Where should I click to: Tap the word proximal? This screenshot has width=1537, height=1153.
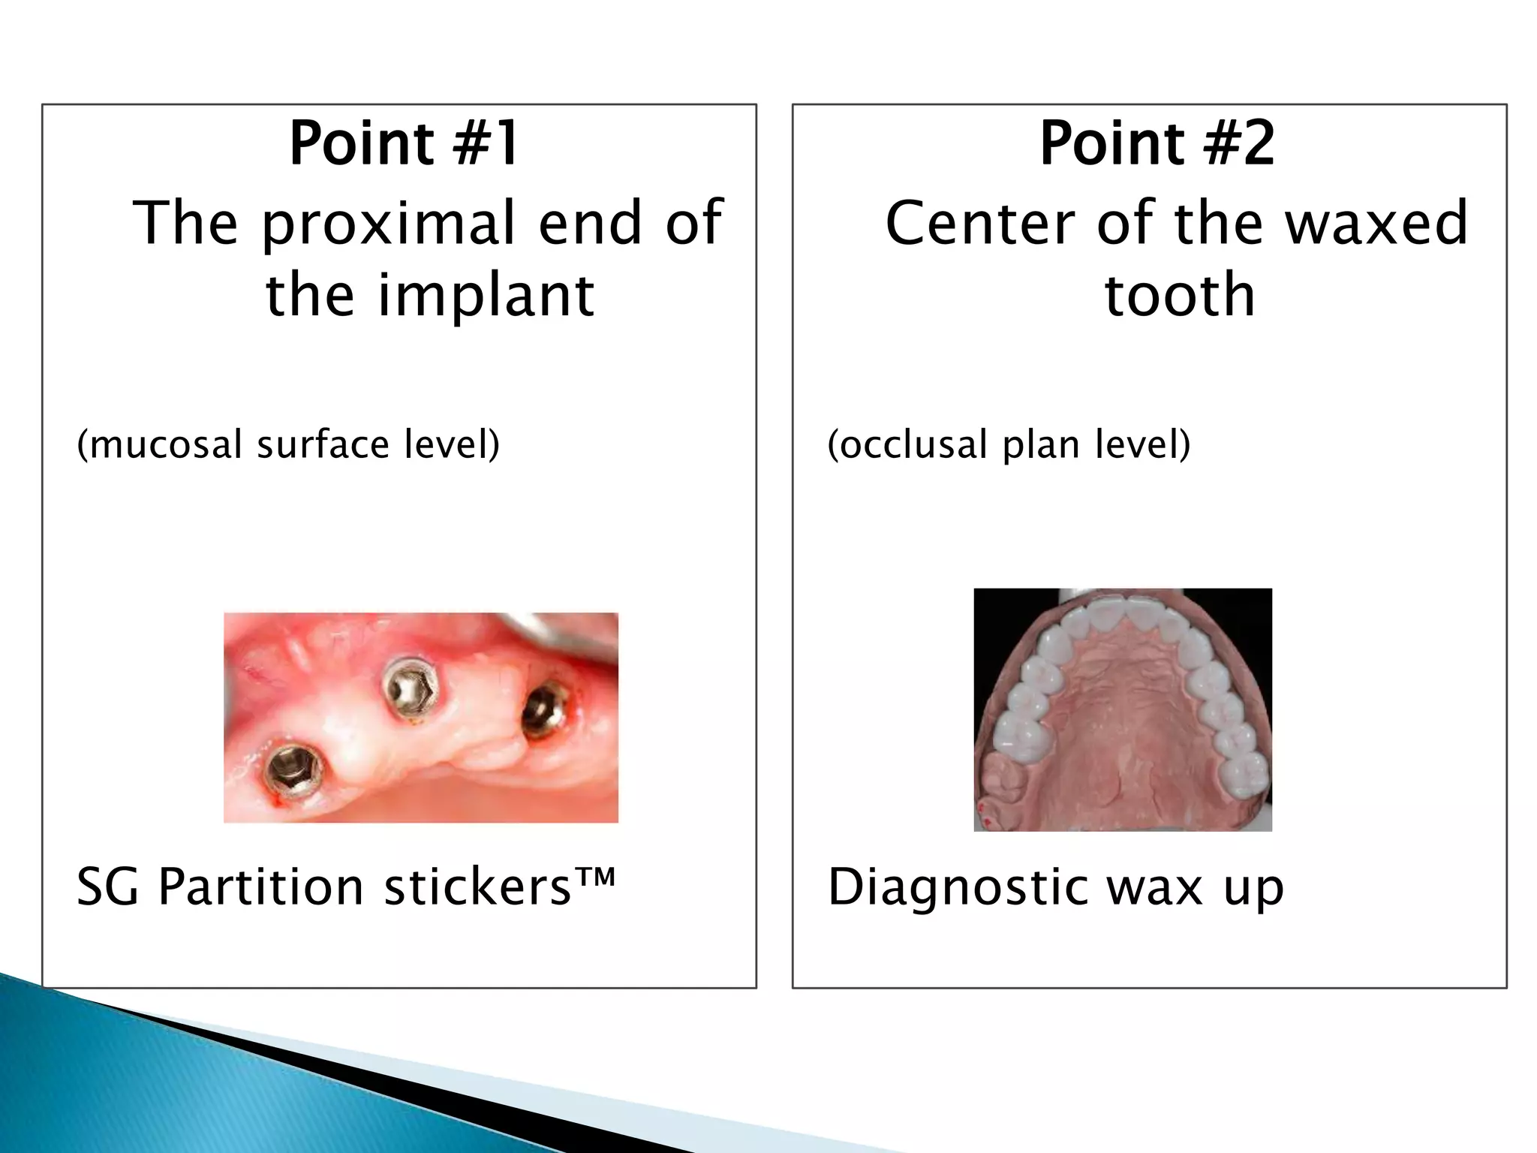(393, 223)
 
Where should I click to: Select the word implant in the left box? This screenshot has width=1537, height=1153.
(486, 295)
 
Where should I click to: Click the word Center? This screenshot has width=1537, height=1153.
(980, 223)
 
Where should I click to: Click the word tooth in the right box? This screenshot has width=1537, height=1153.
(1180, 295)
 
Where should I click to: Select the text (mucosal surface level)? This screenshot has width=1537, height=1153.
(288, 444)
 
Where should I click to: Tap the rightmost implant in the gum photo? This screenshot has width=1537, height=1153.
(543, 709)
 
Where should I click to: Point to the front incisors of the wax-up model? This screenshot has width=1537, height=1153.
(1123, 616)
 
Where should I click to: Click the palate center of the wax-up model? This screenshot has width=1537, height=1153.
(1123, 721)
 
